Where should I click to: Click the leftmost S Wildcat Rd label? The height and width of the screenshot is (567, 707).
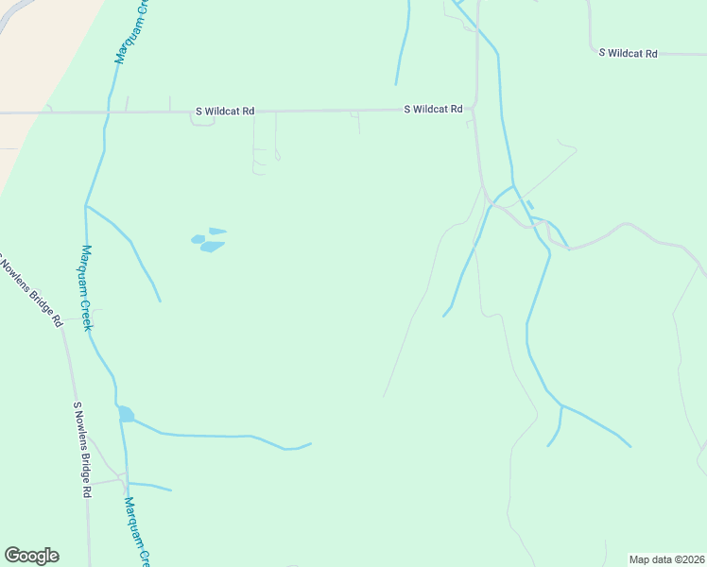coord(225,111)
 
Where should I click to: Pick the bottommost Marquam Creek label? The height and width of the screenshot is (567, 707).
coord(138,534)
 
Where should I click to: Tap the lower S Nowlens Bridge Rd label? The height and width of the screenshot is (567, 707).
coord(82,449)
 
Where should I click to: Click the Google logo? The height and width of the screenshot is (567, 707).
coord(31,556)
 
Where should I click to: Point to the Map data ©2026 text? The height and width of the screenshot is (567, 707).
coord(667,559)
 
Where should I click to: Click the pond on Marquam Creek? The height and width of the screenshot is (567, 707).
coord(125,414)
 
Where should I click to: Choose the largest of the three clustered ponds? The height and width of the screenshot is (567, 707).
coord(212,247)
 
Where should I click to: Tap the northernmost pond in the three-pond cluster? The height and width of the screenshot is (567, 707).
coord(217,231)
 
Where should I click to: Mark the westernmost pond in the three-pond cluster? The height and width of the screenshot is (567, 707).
coord(198,239)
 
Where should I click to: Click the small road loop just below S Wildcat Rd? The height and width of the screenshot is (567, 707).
coord(202,121)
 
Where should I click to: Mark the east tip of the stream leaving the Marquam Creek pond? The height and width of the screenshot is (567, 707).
coord(311,443)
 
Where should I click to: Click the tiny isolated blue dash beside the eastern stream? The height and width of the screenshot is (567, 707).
coord(529,204)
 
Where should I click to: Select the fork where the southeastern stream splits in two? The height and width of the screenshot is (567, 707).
coord(561,405)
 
